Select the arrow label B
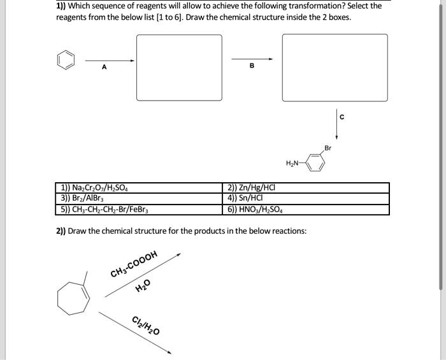(252, 66)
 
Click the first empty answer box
(179, 67)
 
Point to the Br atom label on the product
(328, 148)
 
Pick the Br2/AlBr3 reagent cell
(82, 198)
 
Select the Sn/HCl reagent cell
(243, 198)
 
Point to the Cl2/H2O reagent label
(146, 325)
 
